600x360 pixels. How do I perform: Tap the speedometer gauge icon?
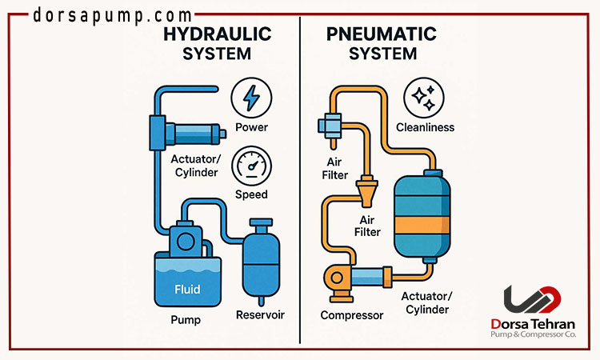(250, 167)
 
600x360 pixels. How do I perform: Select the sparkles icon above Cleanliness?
(423, 98)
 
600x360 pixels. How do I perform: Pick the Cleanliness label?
(425, 127)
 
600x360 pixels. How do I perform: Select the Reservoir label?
(260, 314)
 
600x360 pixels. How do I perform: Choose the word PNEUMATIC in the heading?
(382, 35)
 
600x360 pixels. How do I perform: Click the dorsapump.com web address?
(113, 15)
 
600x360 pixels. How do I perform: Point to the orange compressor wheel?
(334, 279)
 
